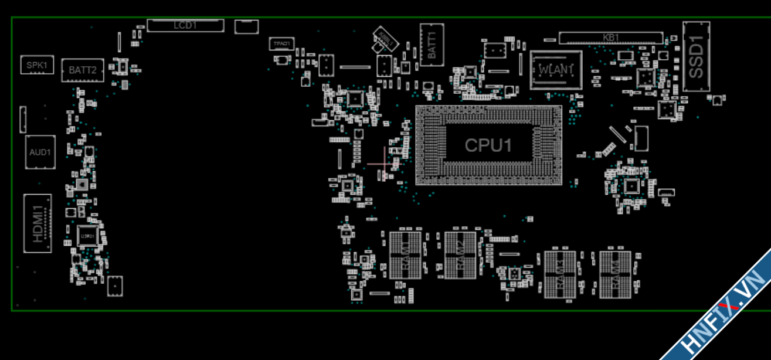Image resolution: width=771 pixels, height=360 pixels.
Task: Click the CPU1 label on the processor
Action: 488,145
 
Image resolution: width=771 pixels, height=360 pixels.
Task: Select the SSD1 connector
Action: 696,56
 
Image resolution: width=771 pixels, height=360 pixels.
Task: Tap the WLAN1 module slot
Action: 556,70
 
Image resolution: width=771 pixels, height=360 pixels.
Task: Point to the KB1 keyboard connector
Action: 610,38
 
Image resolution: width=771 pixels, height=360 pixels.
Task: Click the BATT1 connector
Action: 432,45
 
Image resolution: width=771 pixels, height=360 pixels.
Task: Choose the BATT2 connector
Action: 83,70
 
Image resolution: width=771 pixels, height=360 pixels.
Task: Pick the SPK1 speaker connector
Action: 37,65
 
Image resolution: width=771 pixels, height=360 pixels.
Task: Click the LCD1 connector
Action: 185,25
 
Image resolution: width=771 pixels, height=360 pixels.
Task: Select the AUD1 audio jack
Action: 40,152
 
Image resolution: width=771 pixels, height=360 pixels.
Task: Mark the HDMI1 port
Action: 38,223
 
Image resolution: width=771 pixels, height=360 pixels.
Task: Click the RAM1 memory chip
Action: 406,255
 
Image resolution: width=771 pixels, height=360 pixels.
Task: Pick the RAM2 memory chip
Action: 460,255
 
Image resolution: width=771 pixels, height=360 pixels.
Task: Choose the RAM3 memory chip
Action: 561,274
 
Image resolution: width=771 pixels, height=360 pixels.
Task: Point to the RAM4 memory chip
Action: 615,274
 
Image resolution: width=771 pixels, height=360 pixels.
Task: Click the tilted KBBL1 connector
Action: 386,40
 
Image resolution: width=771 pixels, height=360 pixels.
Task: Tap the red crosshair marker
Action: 385,164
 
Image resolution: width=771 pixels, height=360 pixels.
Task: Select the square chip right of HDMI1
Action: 87,235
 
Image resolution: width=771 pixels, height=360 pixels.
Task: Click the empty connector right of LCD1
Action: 246,26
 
